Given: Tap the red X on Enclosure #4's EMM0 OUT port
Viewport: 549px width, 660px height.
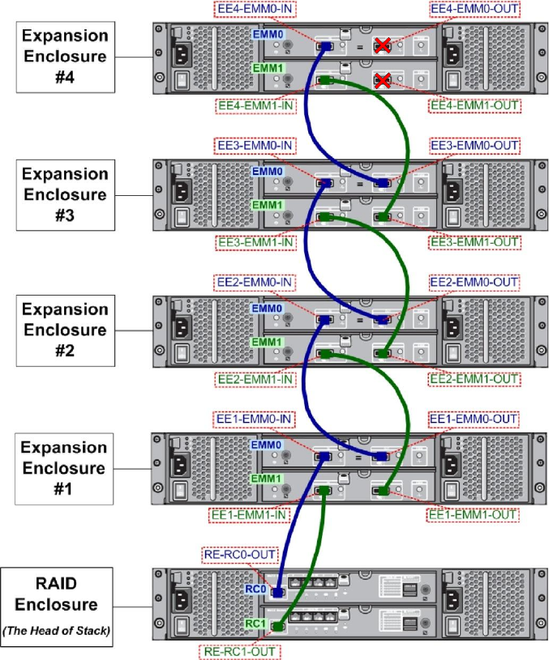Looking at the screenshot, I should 382,45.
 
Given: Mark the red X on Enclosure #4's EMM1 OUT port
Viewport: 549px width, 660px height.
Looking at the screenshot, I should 382,79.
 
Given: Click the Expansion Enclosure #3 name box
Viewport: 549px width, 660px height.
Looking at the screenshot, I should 64,194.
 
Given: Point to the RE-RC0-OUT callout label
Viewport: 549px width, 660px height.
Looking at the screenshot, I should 239,554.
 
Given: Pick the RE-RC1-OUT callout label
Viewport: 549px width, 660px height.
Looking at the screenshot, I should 239,649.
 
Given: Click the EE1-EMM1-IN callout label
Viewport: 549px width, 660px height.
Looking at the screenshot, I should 251,514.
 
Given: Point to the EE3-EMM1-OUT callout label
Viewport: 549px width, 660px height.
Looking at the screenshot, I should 472,241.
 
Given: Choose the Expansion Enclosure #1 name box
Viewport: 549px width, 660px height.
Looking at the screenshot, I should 64,468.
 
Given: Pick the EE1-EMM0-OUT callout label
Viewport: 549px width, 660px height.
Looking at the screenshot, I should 473,419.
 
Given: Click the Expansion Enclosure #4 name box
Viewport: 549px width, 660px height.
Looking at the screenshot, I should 64,57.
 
